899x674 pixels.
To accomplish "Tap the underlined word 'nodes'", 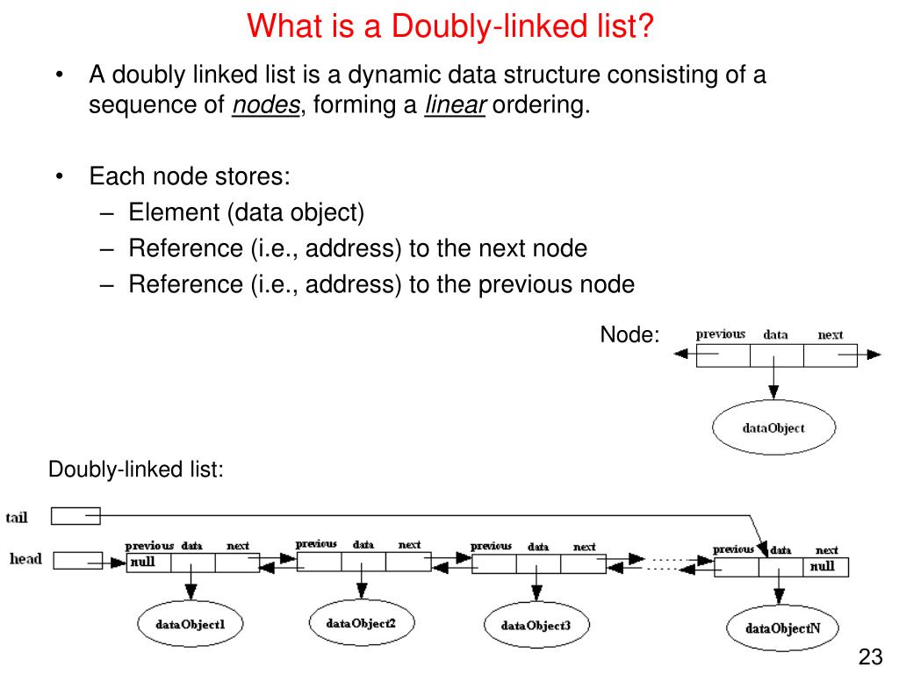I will tap(267, 106).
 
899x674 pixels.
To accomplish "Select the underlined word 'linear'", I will tap(455, 106).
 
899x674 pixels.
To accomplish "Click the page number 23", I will tap(869, 657).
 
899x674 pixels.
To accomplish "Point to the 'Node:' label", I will tap(629, 334).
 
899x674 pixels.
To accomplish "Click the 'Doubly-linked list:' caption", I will tap(136, 470).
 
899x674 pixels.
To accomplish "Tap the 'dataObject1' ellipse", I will tap(191, 625).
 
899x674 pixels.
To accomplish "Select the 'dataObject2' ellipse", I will tap(361, 623).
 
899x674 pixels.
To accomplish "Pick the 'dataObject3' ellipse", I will tap(536, 626).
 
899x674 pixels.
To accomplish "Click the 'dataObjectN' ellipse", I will tap(783, 628).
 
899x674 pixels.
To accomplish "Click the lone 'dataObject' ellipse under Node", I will tap(773, 428).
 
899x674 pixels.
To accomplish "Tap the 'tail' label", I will tap(17, 517).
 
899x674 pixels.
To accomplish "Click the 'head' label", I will tap(25, 559).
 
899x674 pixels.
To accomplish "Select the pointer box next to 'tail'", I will tap(76, 516).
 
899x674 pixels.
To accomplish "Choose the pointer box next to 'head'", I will tap(78, 560).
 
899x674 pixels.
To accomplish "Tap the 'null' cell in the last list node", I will tap(825, 566).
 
